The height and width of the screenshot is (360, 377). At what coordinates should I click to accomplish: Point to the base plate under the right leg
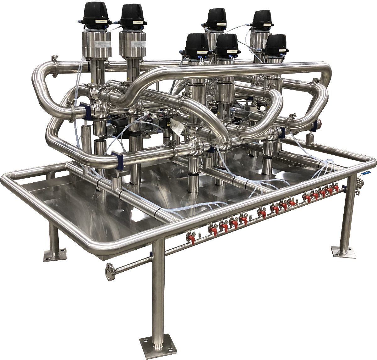343,252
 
